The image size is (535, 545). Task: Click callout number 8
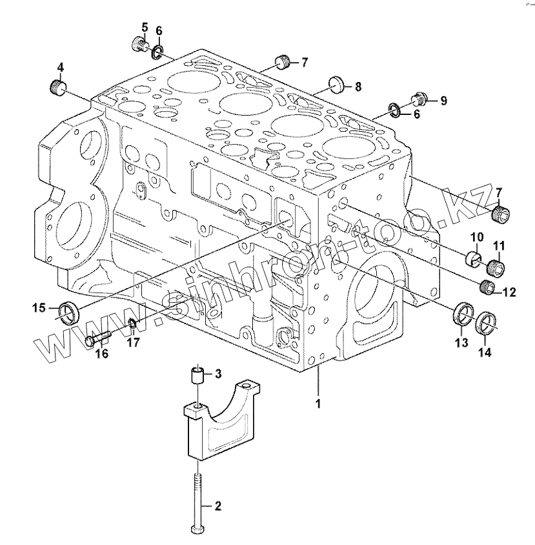tap(358, 86)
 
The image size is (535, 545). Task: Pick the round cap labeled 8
tap(336, 84)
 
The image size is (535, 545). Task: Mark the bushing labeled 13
tap(462, 314)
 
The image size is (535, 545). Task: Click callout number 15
tap(40, 307)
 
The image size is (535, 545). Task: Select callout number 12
tap(509, 293)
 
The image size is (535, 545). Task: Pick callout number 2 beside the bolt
tap(217, 506)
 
